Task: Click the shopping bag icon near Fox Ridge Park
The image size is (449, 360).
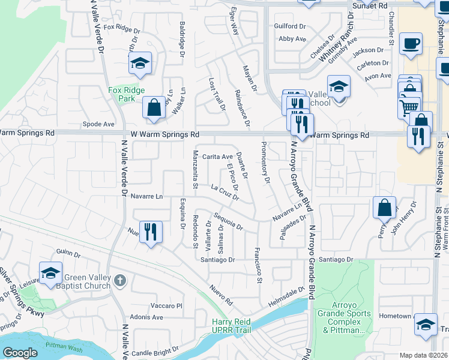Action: click(154, 108)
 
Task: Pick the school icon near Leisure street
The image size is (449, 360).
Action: click(51, 272)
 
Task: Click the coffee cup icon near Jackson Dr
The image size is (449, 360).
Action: click(411, 44)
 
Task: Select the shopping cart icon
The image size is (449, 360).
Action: click(409, 107)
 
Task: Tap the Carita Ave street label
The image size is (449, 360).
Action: click(217, 156)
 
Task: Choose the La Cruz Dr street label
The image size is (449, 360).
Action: click(225, 192)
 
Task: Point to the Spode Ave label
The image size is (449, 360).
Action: click(98, 124)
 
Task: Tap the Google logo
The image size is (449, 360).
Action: click(19, 352)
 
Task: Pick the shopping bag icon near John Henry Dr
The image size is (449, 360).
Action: click(384, 208)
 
